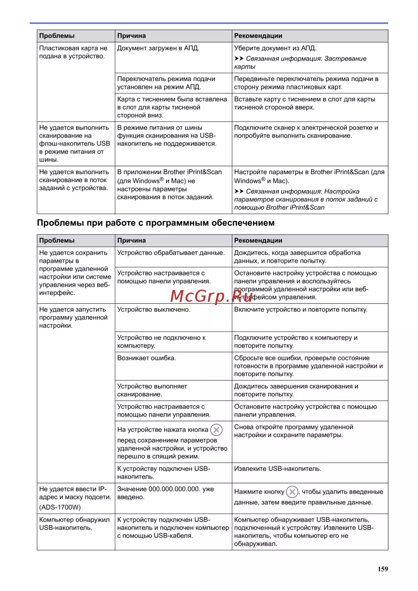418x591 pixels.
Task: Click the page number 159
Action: point(382,569)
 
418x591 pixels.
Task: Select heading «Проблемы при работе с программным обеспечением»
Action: point(155,223)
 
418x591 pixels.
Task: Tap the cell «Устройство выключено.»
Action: point(153,310)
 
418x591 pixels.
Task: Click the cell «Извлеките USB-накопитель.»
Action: point(278,469)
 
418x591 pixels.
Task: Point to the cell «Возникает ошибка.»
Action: point(146,358)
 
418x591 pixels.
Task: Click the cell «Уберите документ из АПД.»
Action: point(275,48)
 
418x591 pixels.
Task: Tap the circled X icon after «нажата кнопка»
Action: point(216,430)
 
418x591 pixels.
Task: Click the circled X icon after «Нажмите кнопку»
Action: point(292,492)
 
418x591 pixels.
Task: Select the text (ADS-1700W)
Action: point(60,507)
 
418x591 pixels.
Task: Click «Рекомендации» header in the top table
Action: point(258,36)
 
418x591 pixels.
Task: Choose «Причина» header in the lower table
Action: point(131,241)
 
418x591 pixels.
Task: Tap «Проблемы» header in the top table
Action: point(57,36)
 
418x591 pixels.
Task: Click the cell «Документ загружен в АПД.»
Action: point(158,48)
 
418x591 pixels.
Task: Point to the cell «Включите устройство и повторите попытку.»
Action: point(301,310)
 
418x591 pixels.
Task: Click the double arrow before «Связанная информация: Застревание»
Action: point(239,59)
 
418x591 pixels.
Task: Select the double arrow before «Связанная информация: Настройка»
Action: point(239,191)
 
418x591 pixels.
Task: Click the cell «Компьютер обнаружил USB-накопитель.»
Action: point(74,524)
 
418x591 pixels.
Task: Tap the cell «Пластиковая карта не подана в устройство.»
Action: point(73,52)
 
